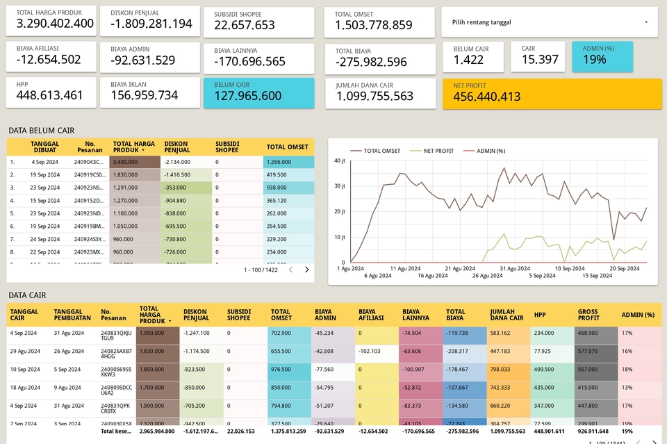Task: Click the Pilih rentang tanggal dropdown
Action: click(549, 22)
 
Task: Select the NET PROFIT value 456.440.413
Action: click(487, 97)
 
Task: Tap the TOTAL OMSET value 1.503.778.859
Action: click(373, 25)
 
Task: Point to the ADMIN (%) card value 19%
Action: click(595, 60)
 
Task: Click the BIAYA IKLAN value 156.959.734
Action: click(144, 95)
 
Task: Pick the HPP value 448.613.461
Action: click(49, 95)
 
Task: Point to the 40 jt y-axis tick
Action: click(340, 161)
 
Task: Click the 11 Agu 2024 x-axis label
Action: click(404, 268)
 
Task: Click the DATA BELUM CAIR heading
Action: click(41, 130)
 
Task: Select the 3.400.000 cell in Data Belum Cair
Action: click(126, 162)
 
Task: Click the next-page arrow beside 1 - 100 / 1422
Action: click(306, 270)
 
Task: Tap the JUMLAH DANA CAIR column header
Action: click(507, 315)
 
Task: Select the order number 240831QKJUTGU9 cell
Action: click(116, 336)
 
